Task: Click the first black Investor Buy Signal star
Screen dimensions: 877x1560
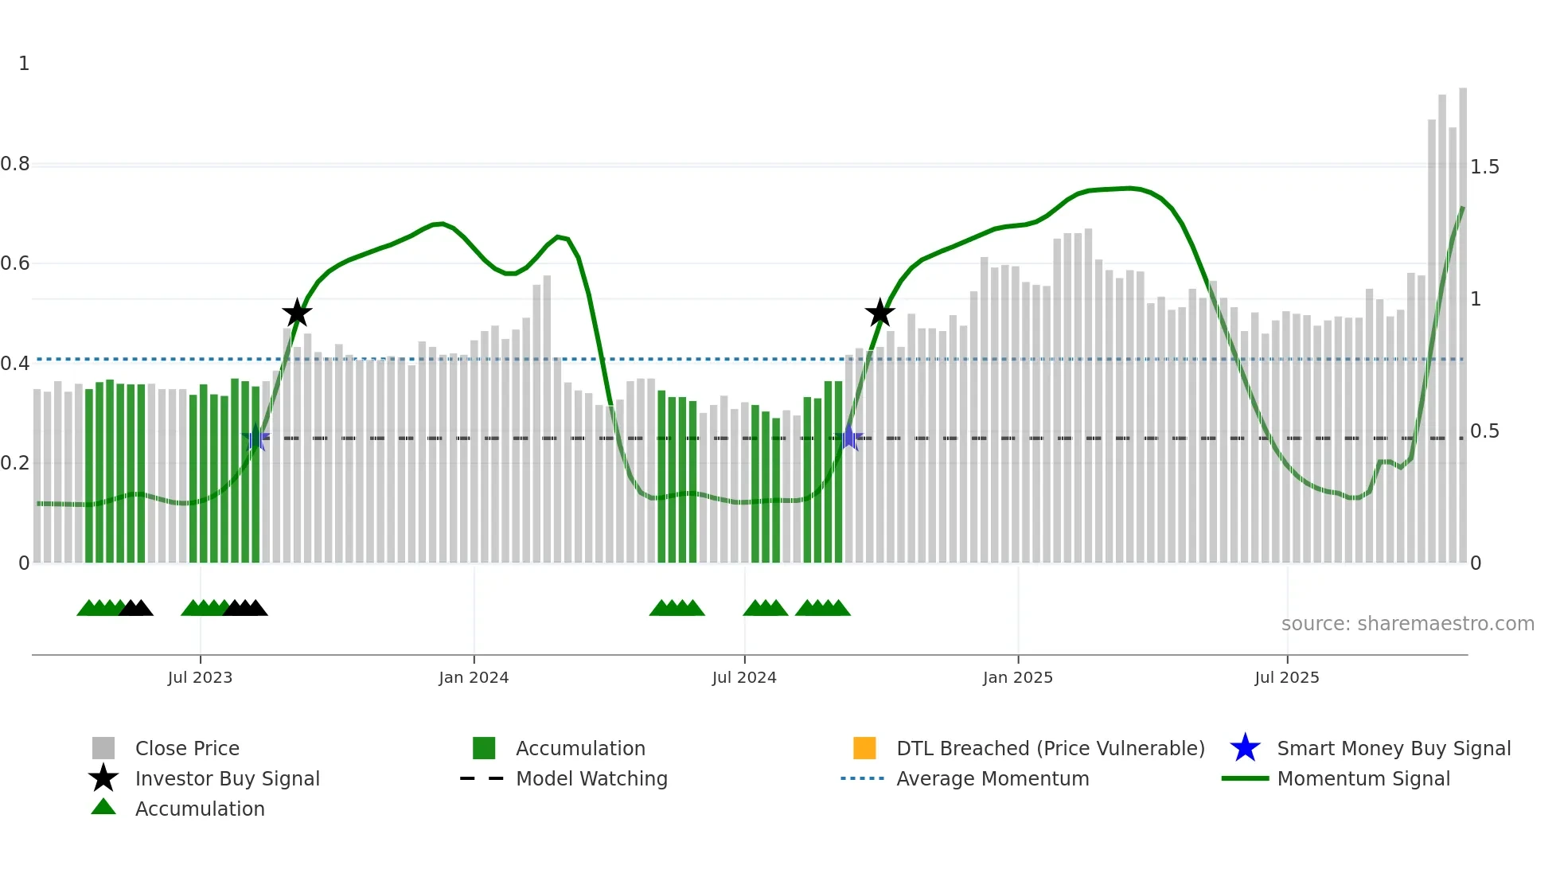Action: pos(297,314)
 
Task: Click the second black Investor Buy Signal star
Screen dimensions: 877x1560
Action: pos(879,314)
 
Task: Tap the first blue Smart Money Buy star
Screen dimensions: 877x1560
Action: pos(255,438)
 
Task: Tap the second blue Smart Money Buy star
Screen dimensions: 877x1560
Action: pos(849,438)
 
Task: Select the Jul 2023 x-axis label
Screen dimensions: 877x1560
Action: pos(200,677)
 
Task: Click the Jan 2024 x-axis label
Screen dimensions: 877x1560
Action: pos(474,677)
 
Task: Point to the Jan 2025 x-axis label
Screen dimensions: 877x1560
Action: pos(1017,677)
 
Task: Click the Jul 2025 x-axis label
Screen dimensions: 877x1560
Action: pos(1286,677)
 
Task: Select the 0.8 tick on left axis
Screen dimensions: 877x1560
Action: pos(15,164)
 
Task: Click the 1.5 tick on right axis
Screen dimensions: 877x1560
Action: pos(1484,167)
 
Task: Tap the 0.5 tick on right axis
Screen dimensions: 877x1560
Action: pos(1484,431)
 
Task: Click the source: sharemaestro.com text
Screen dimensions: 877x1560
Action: pos(1407,624)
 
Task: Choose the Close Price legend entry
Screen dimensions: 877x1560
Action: pos(187,748)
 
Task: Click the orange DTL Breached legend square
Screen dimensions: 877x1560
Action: pos(864,748)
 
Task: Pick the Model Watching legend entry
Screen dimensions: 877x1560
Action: pos(591,778)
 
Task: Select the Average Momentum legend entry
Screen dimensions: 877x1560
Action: pos(992,778)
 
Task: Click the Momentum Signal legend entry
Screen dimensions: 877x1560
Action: pos(1363,778)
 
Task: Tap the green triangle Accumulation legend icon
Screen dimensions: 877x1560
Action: pos(103,807)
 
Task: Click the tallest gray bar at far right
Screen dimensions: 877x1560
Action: pos(1463,318)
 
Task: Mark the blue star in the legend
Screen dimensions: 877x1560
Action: pos(1245,748)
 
